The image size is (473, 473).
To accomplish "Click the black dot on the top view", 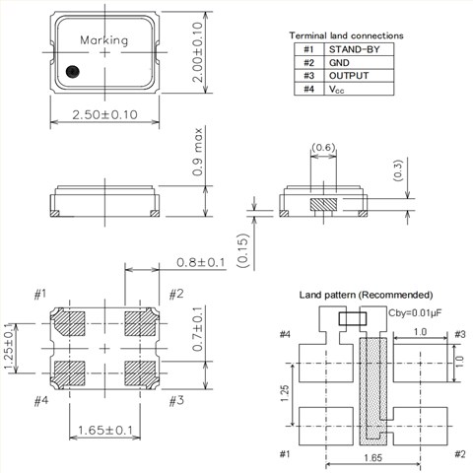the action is (72, 72).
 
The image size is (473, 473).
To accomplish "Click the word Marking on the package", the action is (104, 40).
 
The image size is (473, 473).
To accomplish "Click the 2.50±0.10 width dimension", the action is (104, 115).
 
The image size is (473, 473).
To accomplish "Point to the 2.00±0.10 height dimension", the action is (198, 52).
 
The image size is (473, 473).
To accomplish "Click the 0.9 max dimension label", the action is (198, 152).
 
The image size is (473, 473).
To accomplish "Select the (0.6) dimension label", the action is (323, 147).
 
